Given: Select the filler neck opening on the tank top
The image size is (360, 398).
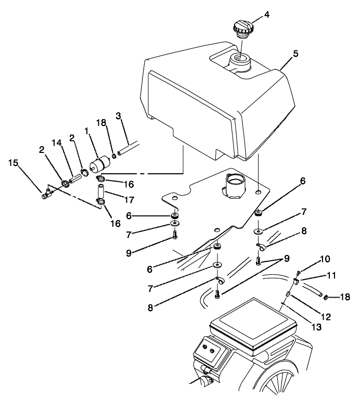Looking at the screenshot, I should coord(241,61).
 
